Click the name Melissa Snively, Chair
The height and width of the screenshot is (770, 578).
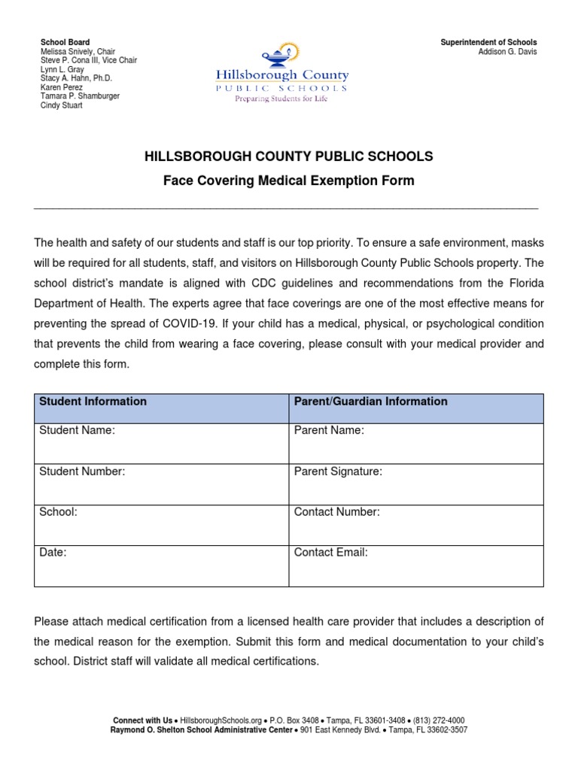tap(77, 51)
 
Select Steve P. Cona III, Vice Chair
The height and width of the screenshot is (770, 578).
tap(88, 60)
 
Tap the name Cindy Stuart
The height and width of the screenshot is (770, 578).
tap(61, 105)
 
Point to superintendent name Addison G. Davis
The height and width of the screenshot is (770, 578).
tap(508, 52)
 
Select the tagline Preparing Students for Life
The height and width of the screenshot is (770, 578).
tap(281, 99)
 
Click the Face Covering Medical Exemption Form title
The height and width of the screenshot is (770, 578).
tap(289, 180)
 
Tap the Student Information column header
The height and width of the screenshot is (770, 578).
tap(93, 402)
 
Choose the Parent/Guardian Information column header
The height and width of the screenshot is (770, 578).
tap(370, 402)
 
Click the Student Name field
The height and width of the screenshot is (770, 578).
tap(161, 443)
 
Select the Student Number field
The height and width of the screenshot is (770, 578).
tap(161, 484)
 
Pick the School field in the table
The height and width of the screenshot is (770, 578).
tap(161, 524)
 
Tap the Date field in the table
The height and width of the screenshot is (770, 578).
tap(161, 565)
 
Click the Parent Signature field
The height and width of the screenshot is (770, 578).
tap(415, 484)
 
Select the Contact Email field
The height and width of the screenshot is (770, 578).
tap(415, 565)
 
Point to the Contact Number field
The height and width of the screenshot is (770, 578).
tap(415, 524)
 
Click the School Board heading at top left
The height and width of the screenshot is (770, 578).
tap(65, 42)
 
